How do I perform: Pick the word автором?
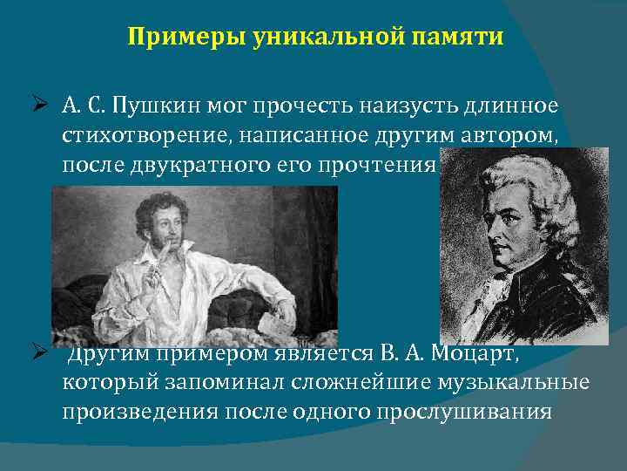pyautogui.click(x=511, y=135)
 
